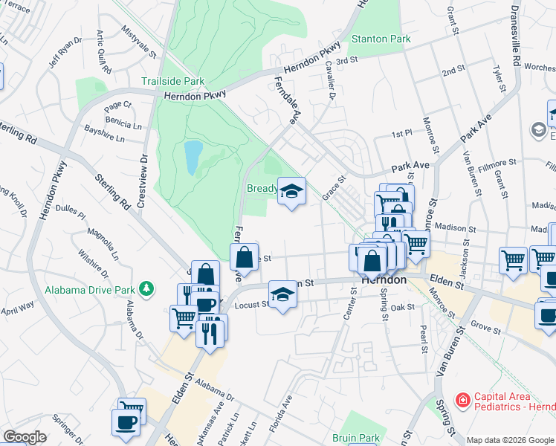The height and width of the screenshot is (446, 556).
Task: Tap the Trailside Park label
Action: coord(173,81)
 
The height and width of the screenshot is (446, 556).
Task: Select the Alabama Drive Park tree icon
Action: coord(148,288)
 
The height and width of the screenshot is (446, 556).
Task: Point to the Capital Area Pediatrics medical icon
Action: coord(462,401)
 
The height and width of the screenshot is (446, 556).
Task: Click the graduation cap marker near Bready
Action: coord(291,193)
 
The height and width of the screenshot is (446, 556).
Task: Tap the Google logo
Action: coord(24,437)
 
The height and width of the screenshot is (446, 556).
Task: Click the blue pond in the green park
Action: coord(193,155)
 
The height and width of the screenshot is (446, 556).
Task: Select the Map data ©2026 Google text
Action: coord(510,440)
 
